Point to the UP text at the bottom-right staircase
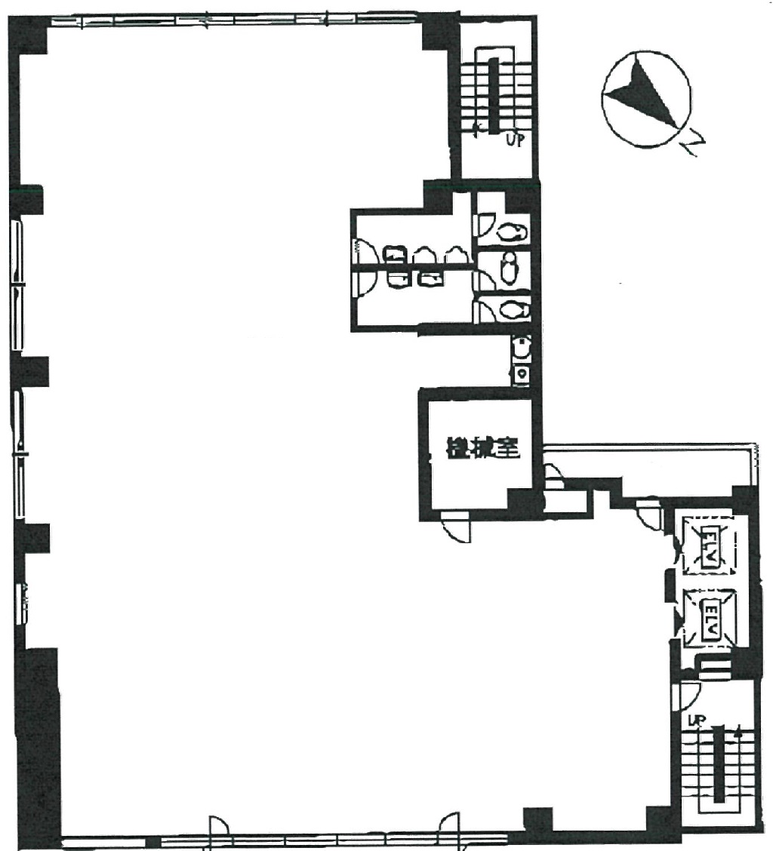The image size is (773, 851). pyautogui.click(x=695, y=721)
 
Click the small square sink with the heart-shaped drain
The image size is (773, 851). pyautogui.click(x=521, y=373)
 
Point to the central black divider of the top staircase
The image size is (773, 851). pyautogui.click(x=491, y=95)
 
